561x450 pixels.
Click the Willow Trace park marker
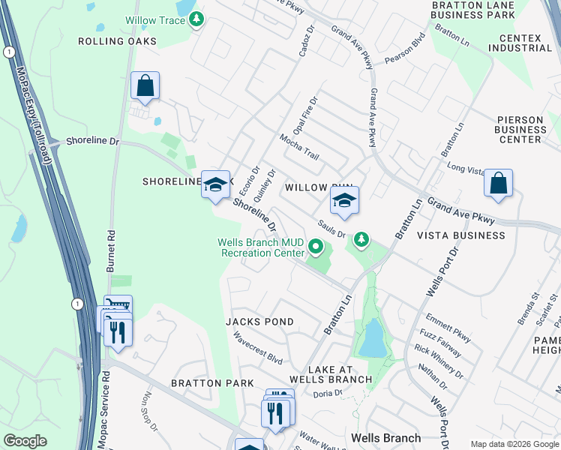coord(196,19)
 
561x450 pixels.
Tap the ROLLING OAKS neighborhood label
coord(118,41)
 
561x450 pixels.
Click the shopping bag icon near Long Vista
coord(498,184)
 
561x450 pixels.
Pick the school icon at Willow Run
coord(344,201)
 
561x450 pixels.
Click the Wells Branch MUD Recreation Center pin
coord(316,246)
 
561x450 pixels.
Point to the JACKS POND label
coord(259,322)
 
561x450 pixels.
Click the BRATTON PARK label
coord(207,383)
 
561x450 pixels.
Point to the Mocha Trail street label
coord(299,147)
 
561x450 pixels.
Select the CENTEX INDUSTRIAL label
coord(519,42)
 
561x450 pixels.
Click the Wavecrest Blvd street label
coord(257,349)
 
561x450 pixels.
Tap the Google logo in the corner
coord(25,441)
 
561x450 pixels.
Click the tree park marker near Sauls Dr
coord(362,239)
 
